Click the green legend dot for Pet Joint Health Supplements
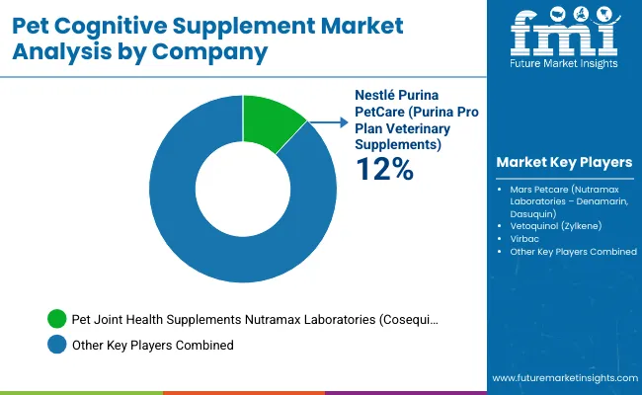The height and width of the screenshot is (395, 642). click(x=56, y=320)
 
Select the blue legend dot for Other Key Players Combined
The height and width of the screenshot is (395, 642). click(x=56, y=345)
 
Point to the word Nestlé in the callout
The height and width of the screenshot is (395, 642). click(x=376, y=96)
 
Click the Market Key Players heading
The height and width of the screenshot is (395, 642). click(x=564, y=162)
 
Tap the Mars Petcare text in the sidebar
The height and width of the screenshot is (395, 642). click(x=536, y=188)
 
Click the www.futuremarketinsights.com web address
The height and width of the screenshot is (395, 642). click(x=561, y=378)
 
